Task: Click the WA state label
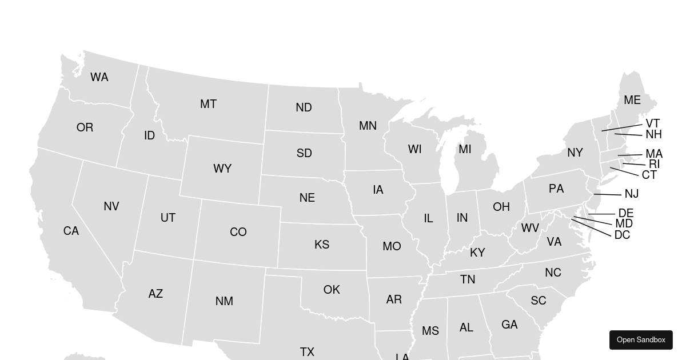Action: (99, 78)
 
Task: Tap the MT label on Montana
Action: (208, 105)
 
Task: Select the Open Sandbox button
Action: (641, 340)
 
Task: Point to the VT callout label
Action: (653, 123)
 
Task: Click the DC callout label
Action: (622, 235)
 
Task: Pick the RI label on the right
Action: (654, 165)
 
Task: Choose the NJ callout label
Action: (632, 194)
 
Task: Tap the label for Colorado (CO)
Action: (238, 233)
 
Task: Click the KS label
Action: (322, 245)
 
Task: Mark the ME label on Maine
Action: (632, 101)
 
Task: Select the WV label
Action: (530, 229)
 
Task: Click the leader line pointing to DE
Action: (601, 214)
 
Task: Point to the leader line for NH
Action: (628, 135)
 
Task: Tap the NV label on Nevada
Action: (111, 207)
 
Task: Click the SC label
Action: (539, 301)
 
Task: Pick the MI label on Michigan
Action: (465, 150)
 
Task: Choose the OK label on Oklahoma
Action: (332, 290)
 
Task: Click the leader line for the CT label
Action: (624, 172)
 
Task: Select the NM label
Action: (224, 302)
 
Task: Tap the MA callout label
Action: (654, 154)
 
